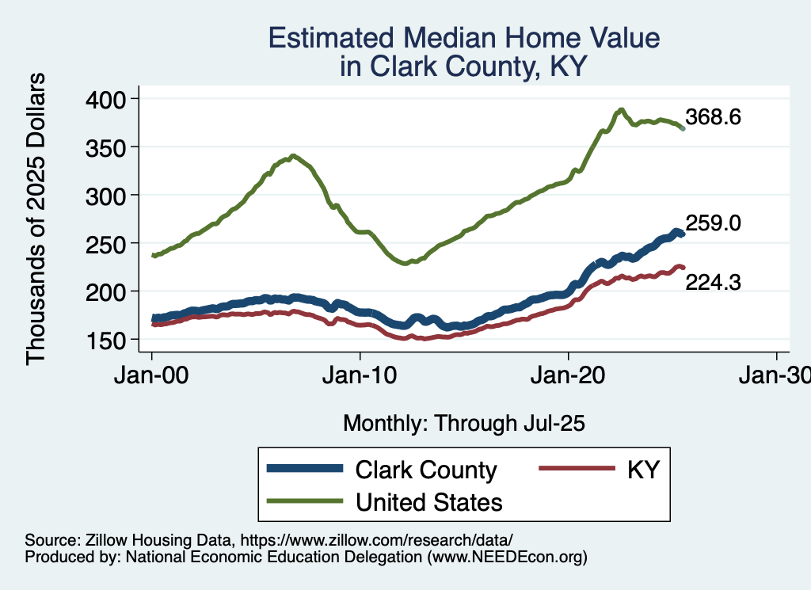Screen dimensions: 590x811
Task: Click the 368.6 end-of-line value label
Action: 714,118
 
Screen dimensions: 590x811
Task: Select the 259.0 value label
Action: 714,224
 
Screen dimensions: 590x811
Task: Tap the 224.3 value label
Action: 714,281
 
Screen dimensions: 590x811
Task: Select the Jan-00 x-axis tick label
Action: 152,375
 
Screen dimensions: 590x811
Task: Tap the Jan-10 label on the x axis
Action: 360,375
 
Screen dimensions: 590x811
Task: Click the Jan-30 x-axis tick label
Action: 775,375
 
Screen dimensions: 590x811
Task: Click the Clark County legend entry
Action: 426,470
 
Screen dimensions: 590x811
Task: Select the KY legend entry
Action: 643,470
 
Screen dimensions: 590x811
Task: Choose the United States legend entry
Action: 429,501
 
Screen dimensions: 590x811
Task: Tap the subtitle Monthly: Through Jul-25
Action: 463,424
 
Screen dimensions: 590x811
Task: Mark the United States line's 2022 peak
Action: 622,110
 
